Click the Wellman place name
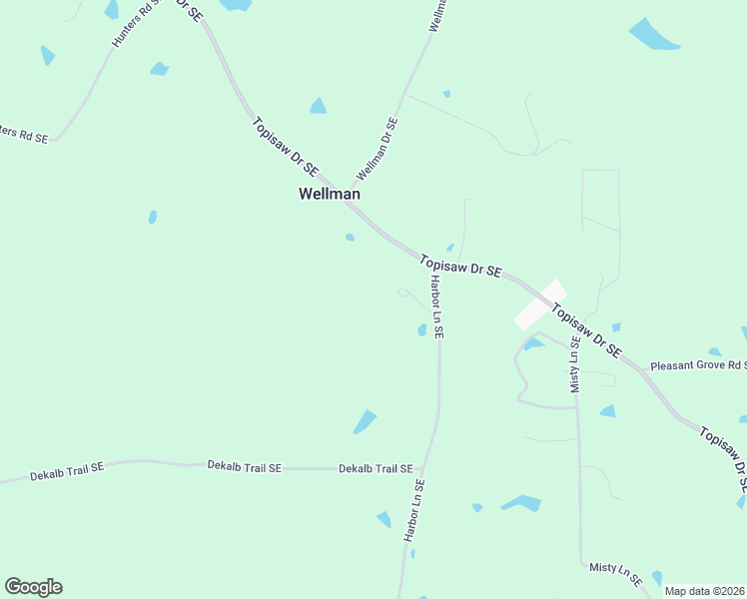coord(329,194)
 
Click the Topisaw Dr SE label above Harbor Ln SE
coord(460,266)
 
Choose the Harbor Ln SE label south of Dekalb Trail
coord(414,510)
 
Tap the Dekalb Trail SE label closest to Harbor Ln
coord(375,468)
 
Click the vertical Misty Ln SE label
coord(575,364)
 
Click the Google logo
coord(33,587)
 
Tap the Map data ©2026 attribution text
coord(704,591)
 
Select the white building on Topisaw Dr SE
coord(540,304)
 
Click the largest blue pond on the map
coord(654,35)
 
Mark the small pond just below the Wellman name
coord(350,238)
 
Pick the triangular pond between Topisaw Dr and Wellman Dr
coord(318,106)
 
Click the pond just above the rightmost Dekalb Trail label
coord(365,422)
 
